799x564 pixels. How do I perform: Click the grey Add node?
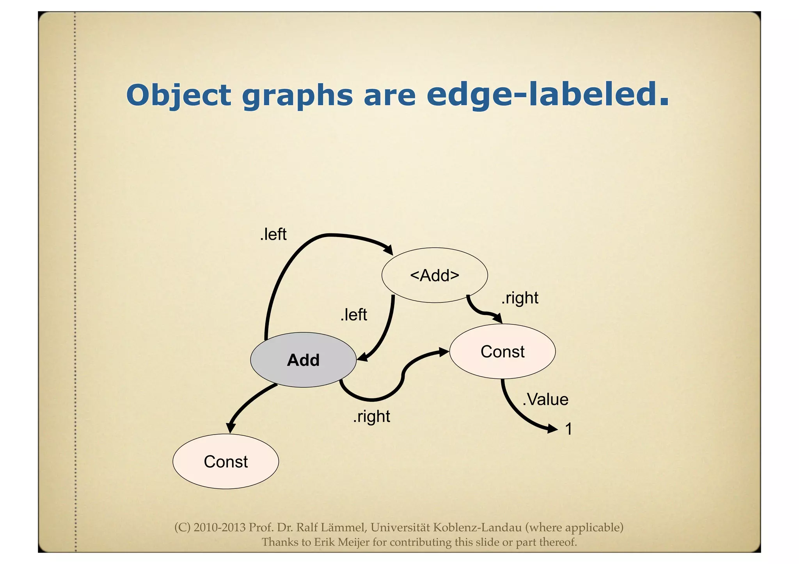(303, 360)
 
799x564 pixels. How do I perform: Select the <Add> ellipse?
(435, 275)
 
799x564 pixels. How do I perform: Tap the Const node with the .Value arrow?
(502, 351)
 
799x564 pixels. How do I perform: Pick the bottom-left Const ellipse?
(225, 461)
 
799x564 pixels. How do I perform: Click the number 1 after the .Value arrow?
(569, 429)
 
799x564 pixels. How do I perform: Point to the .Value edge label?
(545, 400)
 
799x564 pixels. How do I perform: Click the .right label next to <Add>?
(520, 298)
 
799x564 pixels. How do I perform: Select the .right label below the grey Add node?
(371, 416)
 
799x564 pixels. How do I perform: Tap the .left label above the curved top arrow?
(273, 234)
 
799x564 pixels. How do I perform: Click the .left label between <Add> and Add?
(353, 315)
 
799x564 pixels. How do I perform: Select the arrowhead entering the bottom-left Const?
(231, 428)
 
